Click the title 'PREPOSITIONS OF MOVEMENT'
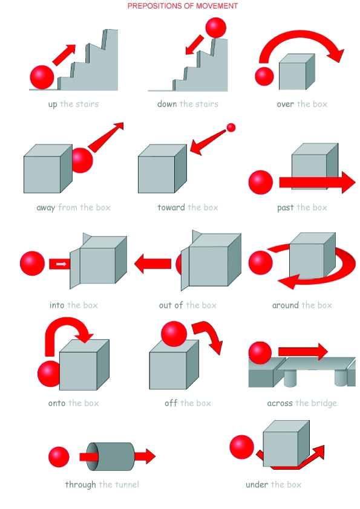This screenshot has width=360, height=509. pyautogui.click(x=182, y=6)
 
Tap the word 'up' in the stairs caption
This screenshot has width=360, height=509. pyautogui.click(x=53, y=104)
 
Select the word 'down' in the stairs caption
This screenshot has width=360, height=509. pyautogui.click(x=167, y=104)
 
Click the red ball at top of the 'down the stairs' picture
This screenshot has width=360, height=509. pyautogui.click(x=215, y=28)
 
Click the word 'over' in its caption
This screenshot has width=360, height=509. pyautogui.click(x=286, y=104)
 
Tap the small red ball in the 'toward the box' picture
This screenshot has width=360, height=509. pyautogui.click(x=231, y=127)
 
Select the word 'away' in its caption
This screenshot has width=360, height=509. pyautogui.click(x=45, y=207)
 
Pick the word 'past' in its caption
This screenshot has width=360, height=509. pyautogui.click(x=286, y=207)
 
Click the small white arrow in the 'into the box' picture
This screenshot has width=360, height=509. pyautogui.click(x=61, y=264)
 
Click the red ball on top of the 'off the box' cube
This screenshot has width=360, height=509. pyautogui.click(x=174, y=334)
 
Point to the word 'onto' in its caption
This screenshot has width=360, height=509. pyautogui.click(x=57, y=403)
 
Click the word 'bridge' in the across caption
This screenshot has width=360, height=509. pyautogui.click(x=324, y=403)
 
